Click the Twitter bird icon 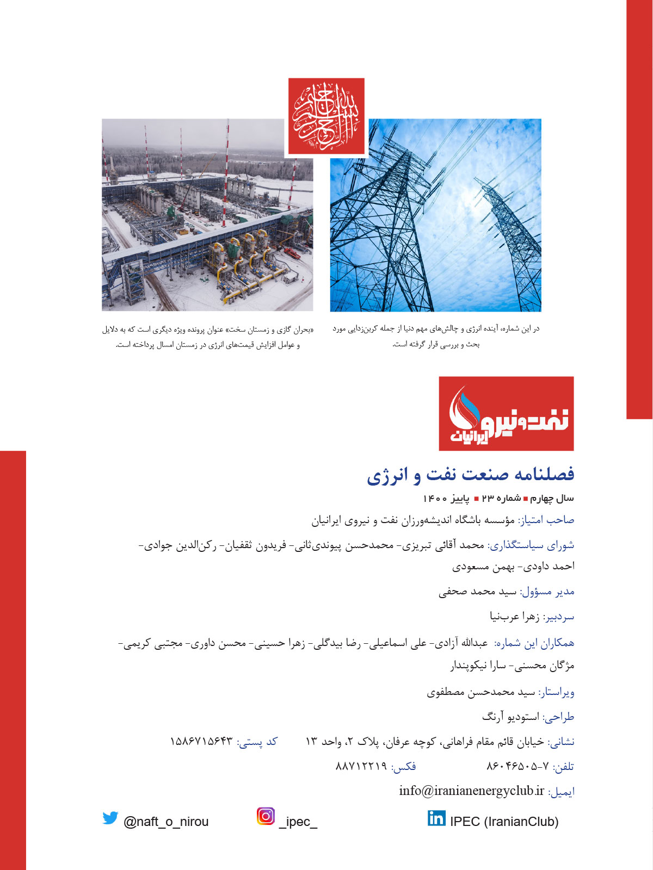[110, 818]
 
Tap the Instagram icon [266, 816]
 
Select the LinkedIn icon [436, 818]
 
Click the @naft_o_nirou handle [166, 822]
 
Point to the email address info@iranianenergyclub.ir [471, 791]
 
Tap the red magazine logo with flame [506, 414]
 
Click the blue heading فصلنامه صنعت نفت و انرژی [470, 474]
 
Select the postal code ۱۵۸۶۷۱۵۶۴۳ [201, 742]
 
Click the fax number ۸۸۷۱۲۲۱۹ [361, 766]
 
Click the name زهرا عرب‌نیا [514, 617]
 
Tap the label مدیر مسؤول [547, 592]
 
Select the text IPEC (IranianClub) [504, 822]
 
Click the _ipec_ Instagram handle [298, 822]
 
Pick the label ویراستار [556, 693]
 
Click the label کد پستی [257, 742]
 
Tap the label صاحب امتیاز [546, 520]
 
